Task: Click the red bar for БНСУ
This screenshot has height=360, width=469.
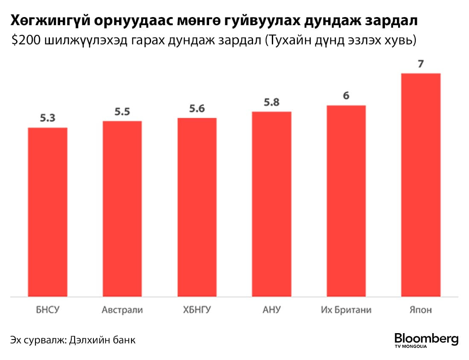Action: click(x=47, y=212)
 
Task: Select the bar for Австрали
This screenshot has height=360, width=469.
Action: click(x=122, y=209)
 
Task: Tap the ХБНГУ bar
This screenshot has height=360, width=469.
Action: click(x=197, y=207)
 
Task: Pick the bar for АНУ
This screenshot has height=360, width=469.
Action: click(x=271, y=204)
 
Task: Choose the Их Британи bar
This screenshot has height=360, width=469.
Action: click(x=346, y=200)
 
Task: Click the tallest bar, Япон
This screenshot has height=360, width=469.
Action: click(x=421, y=185)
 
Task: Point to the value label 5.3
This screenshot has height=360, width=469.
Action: click(x=47, y=118)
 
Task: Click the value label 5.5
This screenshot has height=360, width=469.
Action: click(x=122, y=112)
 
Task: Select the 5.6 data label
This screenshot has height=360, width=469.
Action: click(x=197, y=109)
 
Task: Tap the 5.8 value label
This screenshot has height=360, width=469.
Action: click(x=271, y=102)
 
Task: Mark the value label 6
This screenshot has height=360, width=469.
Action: click(x=346, y=96)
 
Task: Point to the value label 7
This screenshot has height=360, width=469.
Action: click(x=421, y=64)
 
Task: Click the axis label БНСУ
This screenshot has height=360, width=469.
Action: click(x=47, y=309)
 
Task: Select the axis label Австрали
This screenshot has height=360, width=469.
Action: click(x=122, y=309)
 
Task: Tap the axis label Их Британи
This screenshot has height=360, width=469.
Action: click(x=346, y=309)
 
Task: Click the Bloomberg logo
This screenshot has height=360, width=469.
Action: click(x=426, y=340)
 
